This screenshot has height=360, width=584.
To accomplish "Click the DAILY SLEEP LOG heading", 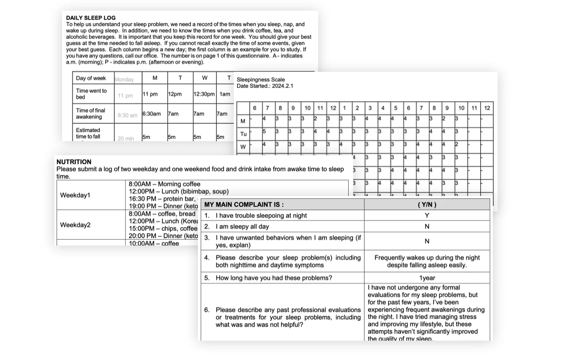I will pyautogui.click(x=91, y=18).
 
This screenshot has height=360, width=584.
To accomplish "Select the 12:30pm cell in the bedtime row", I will pyautogui.click(x=204, y=94).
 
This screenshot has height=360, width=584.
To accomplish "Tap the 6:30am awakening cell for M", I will pyautogui.click(x=151, y=114).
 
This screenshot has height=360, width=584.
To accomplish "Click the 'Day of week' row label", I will pyautogui.click(x=91, y=78).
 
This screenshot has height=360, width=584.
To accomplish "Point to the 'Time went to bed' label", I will pyautogui.click(x=91, y=94).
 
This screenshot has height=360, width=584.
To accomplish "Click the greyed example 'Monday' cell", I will pyautogui.click(x=124, y=79).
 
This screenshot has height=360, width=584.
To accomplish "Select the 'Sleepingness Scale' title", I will pyautogui.click(x=260, y=80).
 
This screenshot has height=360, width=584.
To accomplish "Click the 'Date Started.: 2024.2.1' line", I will pyautogui.click(x=265, y=86).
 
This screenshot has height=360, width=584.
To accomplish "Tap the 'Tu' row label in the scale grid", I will pyautogui.click(x=243, y=134).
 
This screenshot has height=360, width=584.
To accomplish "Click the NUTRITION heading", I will pyautogui.click(x=74, y=162).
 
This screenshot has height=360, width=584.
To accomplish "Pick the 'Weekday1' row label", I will pyautogui.click(x=75, y=195).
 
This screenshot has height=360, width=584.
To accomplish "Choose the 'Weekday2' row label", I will pyautogui.click(x=75, y=225).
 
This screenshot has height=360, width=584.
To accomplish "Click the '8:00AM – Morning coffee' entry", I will pyautogui.click(x=164, y=184).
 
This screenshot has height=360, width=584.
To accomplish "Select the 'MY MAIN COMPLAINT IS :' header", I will pyautogui.click(x=244, y=205).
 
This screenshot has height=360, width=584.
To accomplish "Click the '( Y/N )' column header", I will pyautogui.click(x=427, y=205).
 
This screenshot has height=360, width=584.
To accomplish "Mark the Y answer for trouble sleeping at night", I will pyautogui.click(x=427, y=215).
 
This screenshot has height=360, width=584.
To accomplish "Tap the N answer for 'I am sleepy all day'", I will pyautogui.click(x=427, y=227).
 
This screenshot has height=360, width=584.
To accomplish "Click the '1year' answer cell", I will pyautogui.click(x=427, y=278).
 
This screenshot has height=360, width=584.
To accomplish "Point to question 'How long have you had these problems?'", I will pyautogui.click(x=274, y=278).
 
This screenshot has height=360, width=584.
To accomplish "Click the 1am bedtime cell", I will pyautogui.click(x=225, y=94).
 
